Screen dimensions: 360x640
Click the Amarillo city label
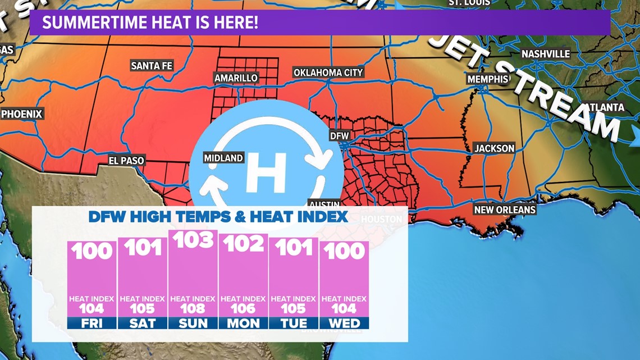pos(236,78)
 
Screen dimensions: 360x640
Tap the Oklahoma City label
pos(328,72)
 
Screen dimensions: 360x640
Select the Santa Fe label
pos(152,66)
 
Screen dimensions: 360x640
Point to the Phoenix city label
pos(22,114)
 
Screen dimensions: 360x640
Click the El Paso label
pos(126,161)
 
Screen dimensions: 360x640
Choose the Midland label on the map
pos(223,158)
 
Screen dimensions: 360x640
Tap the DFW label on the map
pos(339,136)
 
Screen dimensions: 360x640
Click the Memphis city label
pos(488,79)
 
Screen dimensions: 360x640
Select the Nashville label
pos(546,54)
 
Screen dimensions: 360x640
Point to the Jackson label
pos(494,148)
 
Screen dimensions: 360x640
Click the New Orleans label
pos(505,209)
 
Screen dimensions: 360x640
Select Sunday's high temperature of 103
pos(193,240)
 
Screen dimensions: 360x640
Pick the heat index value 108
pos(193,308)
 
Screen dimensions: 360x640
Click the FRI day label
pos(92,323)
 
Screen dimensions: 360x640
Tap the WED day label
pos(344,323)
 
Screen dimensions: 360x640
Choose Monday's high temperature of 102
pos(244,244)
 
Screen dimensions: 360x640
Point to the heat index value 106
pos(243,308)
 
